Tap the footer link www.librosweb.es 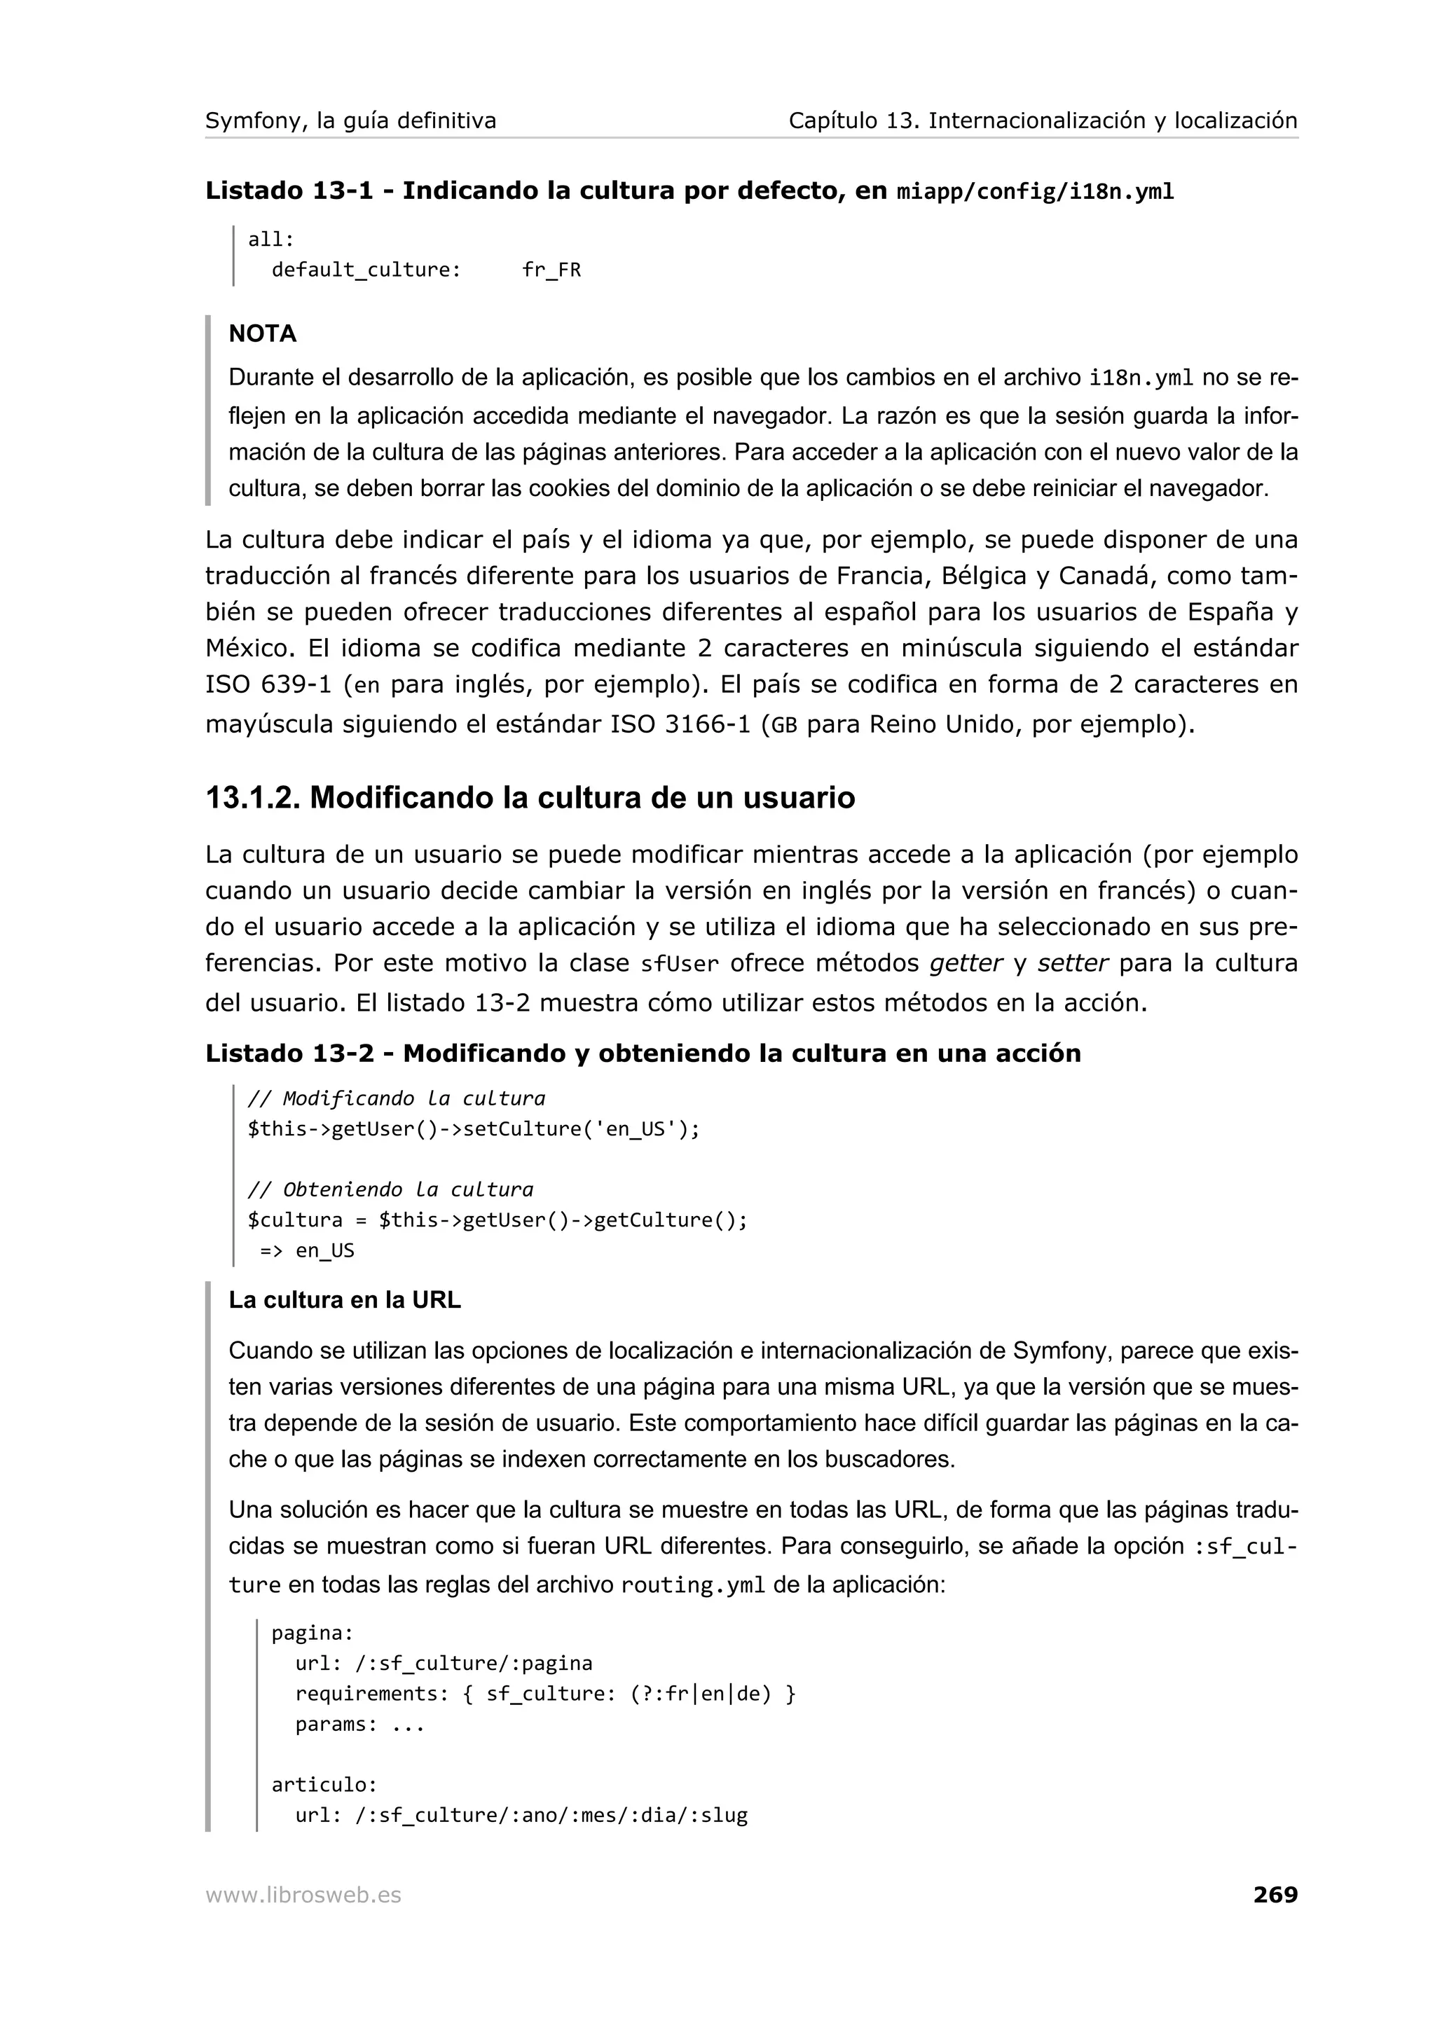pyautogui.click(x=303, y=1895)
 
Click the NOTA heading pyautogui.click(x=263, y=333)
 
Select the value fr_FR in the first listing pyautogui.click(x=551, y=270)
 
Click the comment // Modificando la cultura pyautogui.click(x=396, y=1098)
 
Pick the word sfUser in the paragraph pyautogui.click(x=679, y=964)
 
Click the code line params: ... pyautogui.click(x=360, y=1724)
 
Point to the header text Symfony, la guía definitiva pyautogui.click(x=350, y=120)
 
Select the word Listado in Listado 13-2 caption pyautogui.click(x=254, y=1053)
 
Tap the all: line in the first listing pyautogui.click(x=270, y=240)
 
